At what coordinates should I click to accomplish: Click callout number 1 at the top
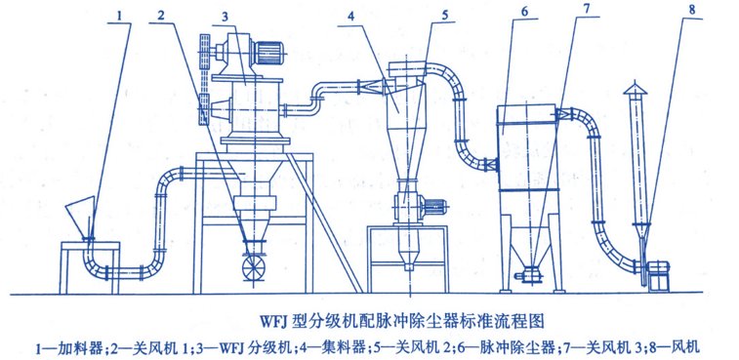point(121,15)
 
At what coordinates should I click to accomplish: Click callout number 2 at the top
point(162,15)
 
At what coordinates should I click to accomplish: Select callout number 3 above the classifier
point(226,17)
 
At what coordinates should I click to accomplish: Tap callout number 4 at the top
point(350,17)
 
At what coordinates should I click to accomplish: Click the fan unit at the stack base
point(658,276)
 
